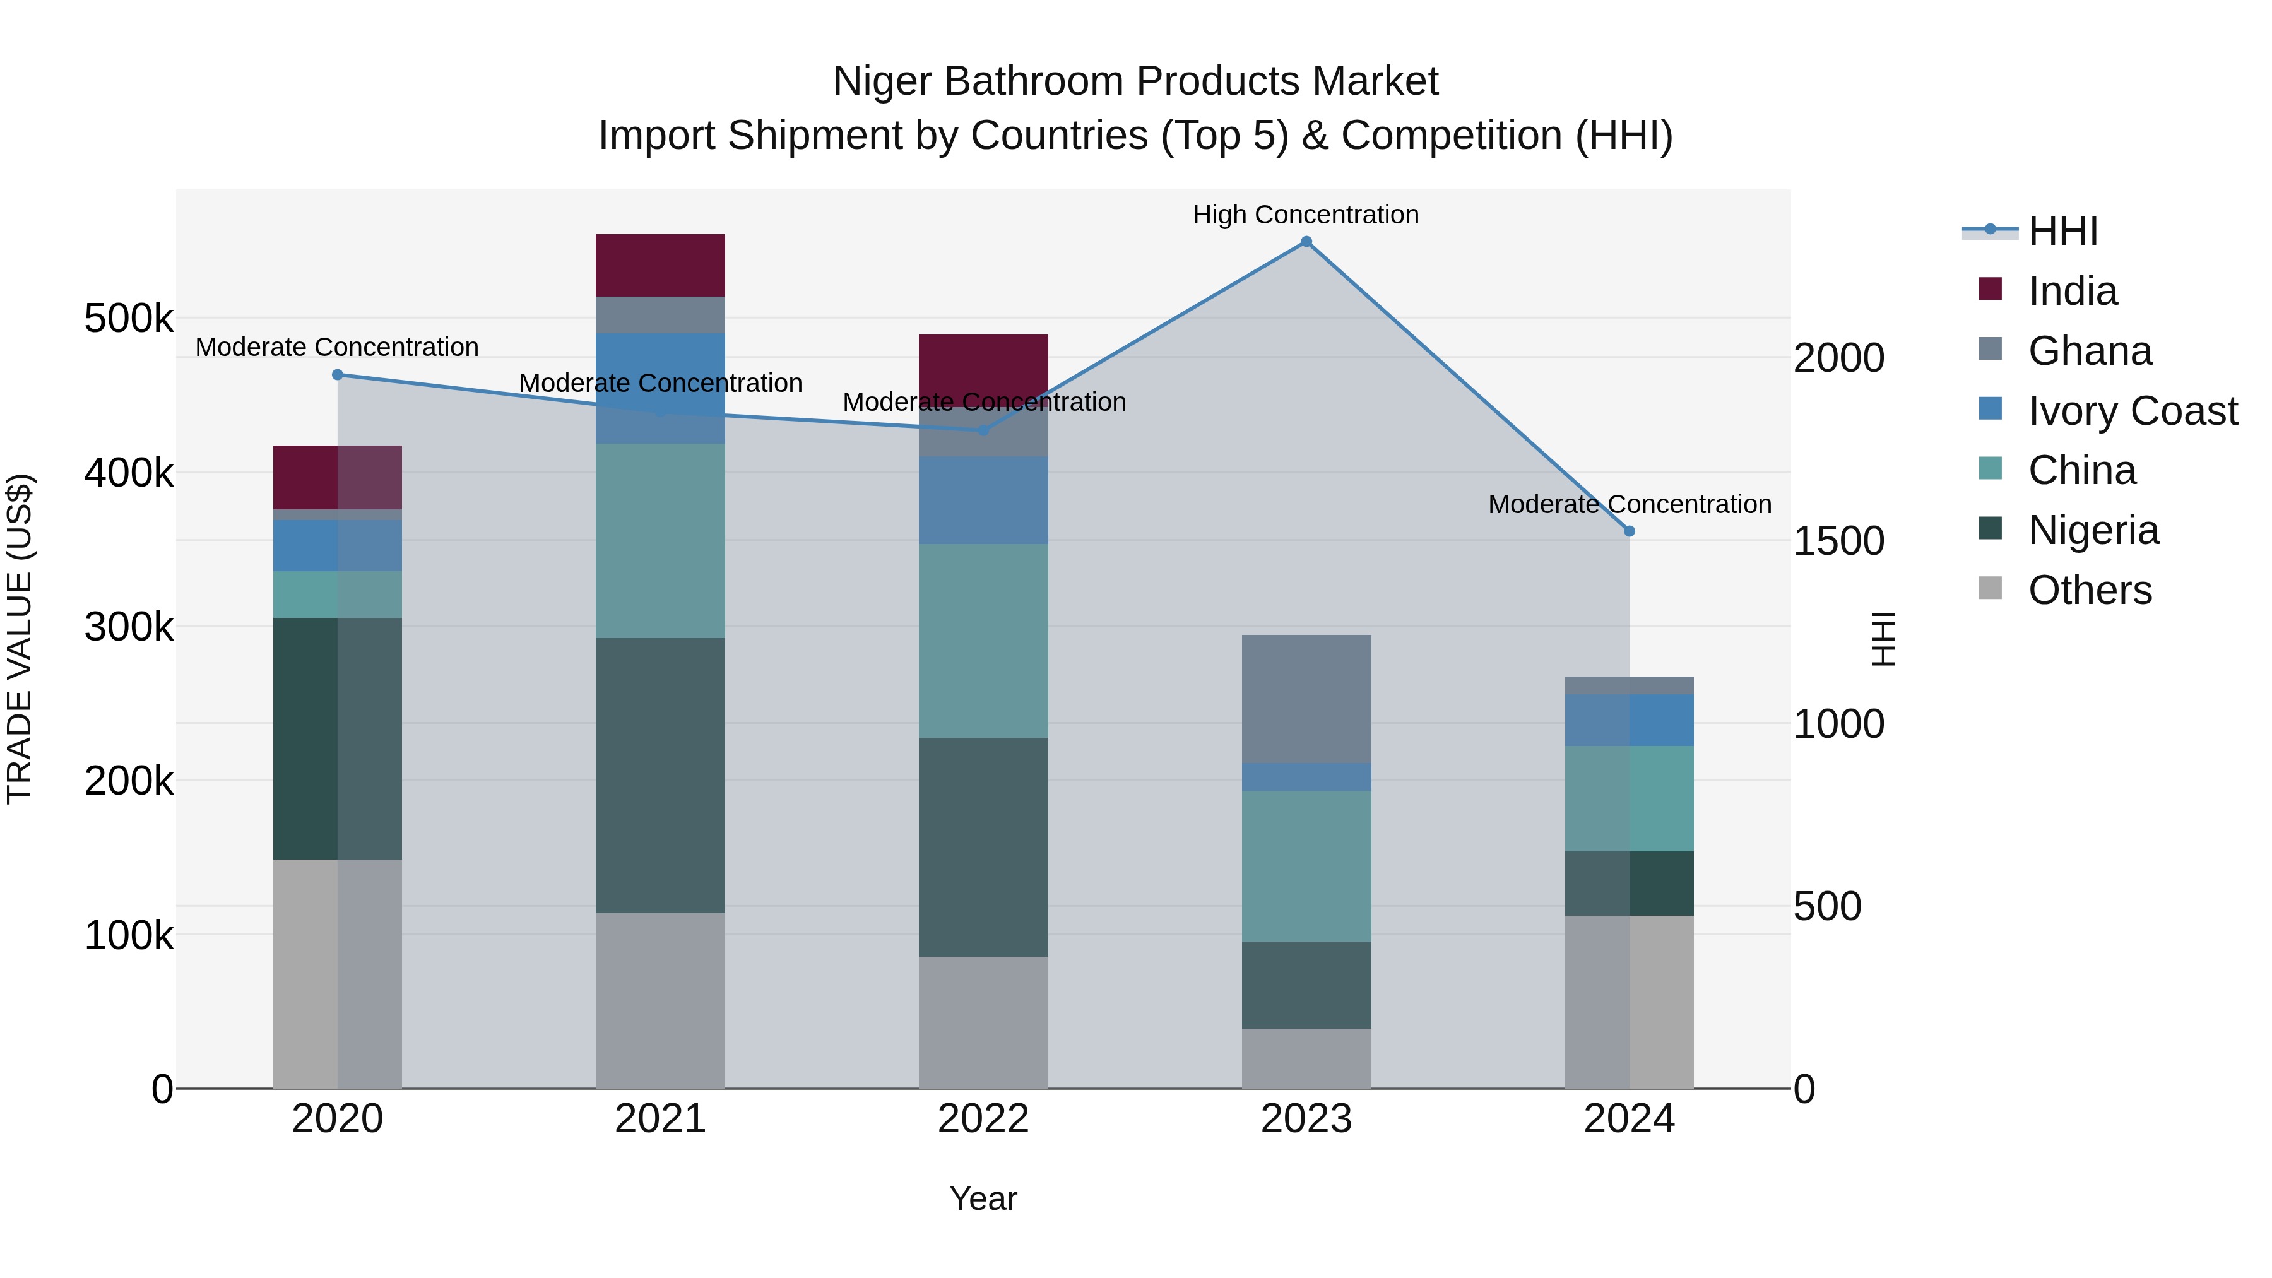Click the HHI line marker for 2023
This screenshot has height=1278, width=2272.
point(1306,242)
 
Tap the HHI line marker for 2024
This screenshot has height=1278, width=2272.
point(1629,531)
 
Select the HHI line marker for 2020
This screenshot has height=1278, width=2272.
point(337,375)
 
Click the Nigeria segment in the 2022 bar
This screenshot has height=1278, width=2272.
point(983,847)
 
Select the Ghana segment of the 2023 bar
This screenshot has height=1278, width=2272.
point(1306,699)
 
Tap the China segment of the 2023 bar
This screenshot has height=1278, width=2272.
point(1306,866)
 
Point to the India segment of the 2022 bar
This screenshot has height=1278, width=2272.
point(983,362)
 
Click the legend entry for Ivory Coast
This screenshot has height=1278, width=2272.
point(2132,411)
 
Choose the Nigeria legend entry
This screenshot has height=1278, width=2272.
point(2093,531)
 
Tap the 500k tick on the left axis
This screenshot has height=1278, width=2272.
point(129,319)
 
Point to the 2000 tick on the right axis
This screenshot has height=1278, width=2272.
point(1839,358)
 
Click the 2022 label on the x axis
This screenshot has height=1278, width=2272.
point(983,1119)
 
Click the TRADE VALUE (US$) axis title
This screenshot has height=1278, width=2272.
point(20,639)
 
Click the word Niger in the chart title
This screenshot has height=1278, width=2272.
point(883,82)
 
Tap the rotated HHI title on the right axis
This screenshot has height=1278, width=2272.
point(1883,639)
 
